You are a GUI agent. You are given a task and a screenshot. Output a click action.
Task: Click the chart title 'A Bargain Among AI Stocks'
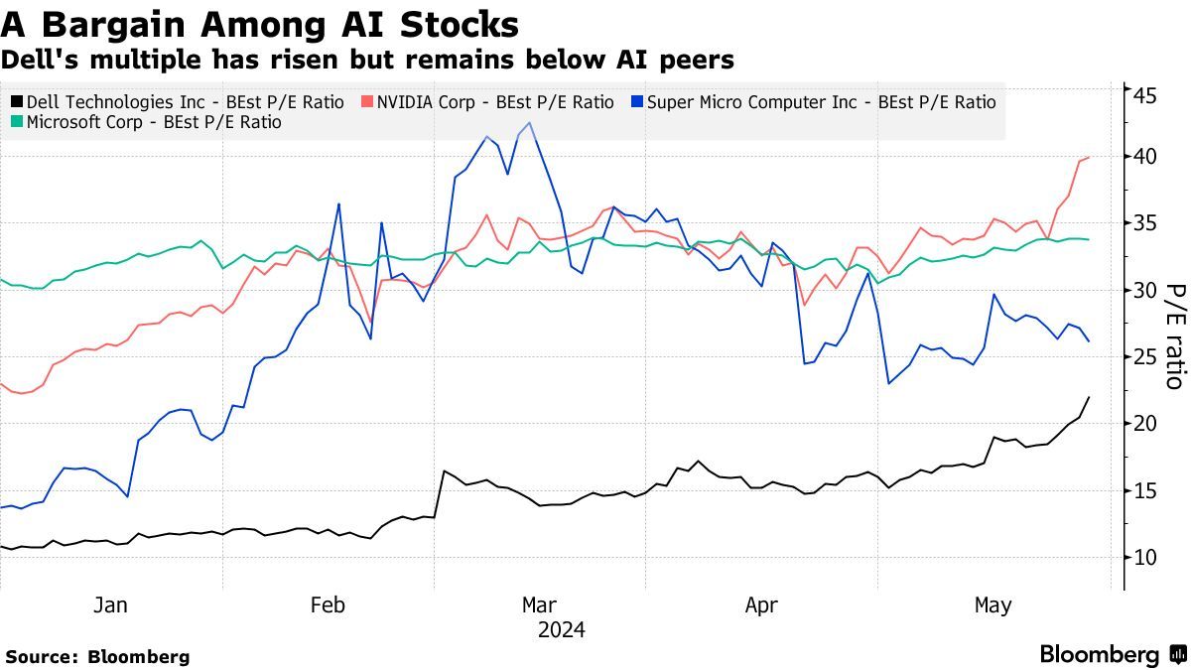pos(260,24)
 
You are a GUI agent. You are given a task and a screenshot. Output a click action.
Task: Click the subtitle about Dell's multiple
pos(367,61)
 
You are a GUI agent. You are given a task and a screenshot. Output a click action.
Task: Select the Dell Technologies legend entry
pos(178,102)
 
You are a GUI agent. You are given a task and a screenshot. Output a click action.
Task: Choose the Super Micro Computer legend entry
pos(813,102)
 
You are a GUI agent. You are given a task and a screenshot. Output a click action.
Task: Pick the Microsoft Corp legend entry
pos(146,123)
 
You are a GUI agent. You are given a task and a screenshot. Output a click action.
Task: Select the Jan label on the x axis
pos(110,605)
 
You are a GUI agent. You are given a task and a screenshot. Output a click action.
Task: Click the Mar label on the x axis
pos(539,605)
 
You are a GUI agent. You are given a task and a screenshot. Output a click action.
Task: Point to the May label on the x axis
pos(992,605)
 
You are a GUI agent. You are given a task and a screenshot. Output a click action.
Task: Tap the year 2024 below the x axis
pos(561,630)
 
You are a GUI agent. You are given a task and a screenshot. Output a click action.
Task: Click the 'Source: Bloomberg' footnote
pos(97,657)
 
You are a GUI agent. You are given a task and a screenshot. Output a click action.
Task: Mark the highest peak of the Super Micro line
pos(530,123)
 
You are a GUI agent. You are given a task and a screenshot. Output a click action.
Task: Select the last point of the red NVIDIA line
pos(1090,157)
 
